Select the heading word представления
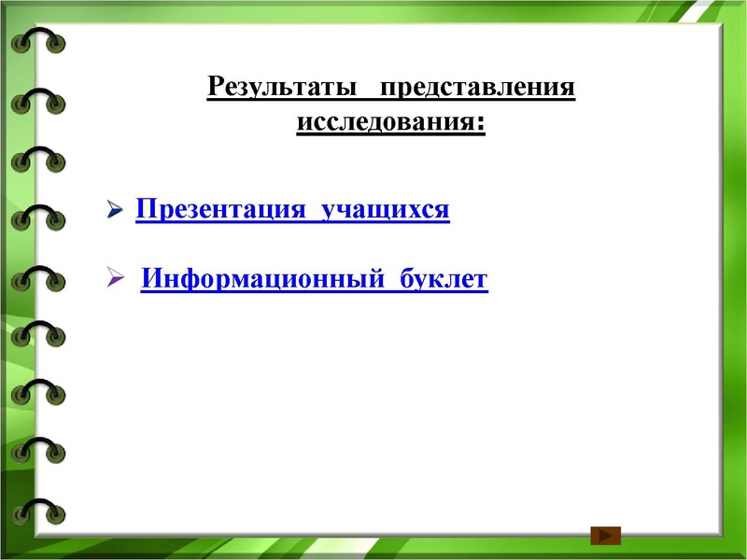click(476, 90)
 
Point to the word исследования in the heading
click(386, 123)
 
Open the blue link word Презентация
click(220, 209)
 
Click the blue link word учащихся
click(386, 211)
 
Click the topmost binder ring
click(38, 43)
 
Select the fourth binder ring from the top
click(38, 218)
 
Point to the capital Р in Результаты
click(215, 90)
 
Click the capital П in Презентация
click(145, 209)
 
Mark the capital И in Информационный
click(151, 279)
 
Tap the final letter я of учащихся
click(442, 211)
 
